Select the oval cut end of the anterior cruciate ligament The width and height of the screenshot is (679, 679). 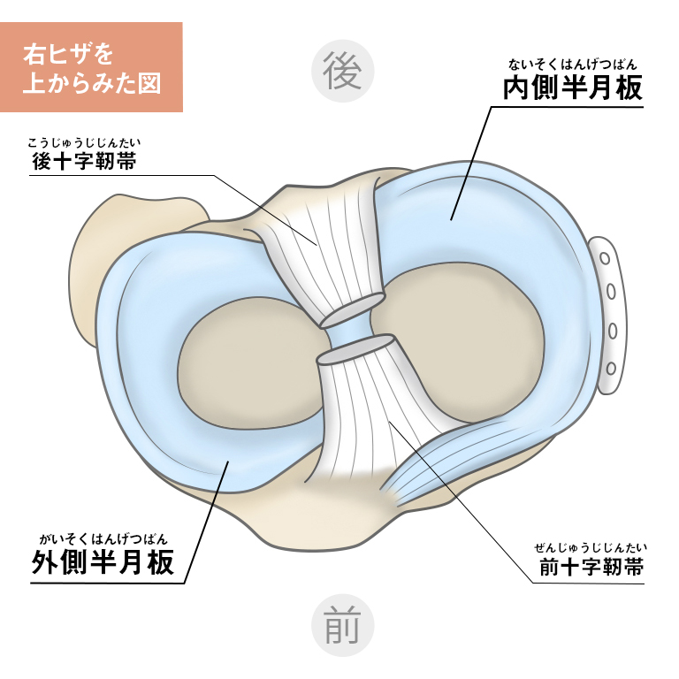tap(355, 349)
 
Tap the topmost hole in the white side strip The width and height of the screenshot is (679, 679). tap(606, 258)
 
